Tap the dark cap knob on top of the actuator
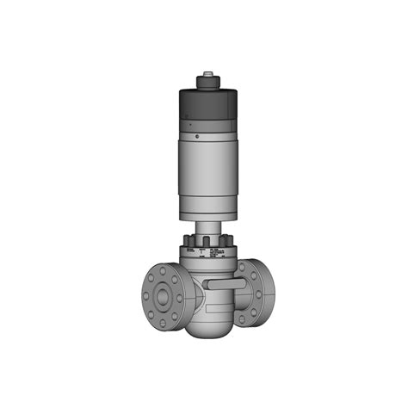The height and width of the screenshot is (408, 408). [207, 83]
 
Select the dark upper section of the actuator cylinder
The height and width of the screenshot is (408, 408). [206, 112]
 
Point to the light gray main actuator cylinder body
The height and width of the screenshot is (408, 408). [206, 176]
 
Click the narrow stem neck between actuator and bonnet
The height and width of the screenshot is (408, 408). [207, 228]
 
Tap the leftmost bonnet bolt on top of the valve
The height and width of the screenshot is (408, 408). [187, 240]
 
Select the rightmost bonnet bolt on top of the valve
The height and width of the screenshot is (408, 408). [227, 240]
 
